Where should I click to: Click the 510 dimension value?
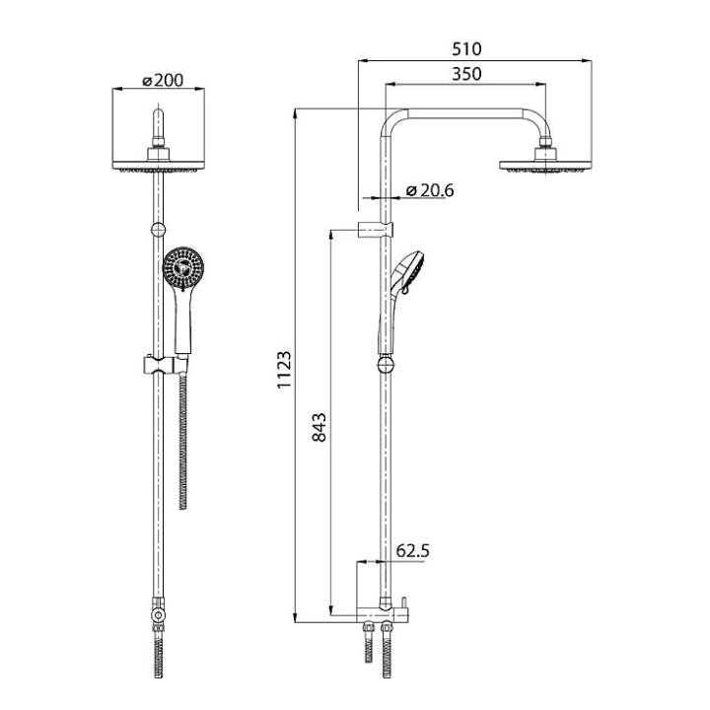tap(466, 49)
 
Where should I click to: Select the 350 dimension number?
tap(466, 74)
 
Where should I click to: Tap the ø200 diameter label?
tap(163, 80)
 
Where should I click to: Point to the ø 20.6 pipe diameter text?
tap(430, 190)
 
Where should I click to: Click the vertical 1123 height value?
tap(284, 370)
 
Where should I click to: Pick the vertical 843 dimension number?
tap(319, 427)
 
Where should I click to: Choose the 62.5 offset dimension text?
tap(412, 551)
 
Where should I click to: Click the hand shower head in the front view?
tap(183, 267)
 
